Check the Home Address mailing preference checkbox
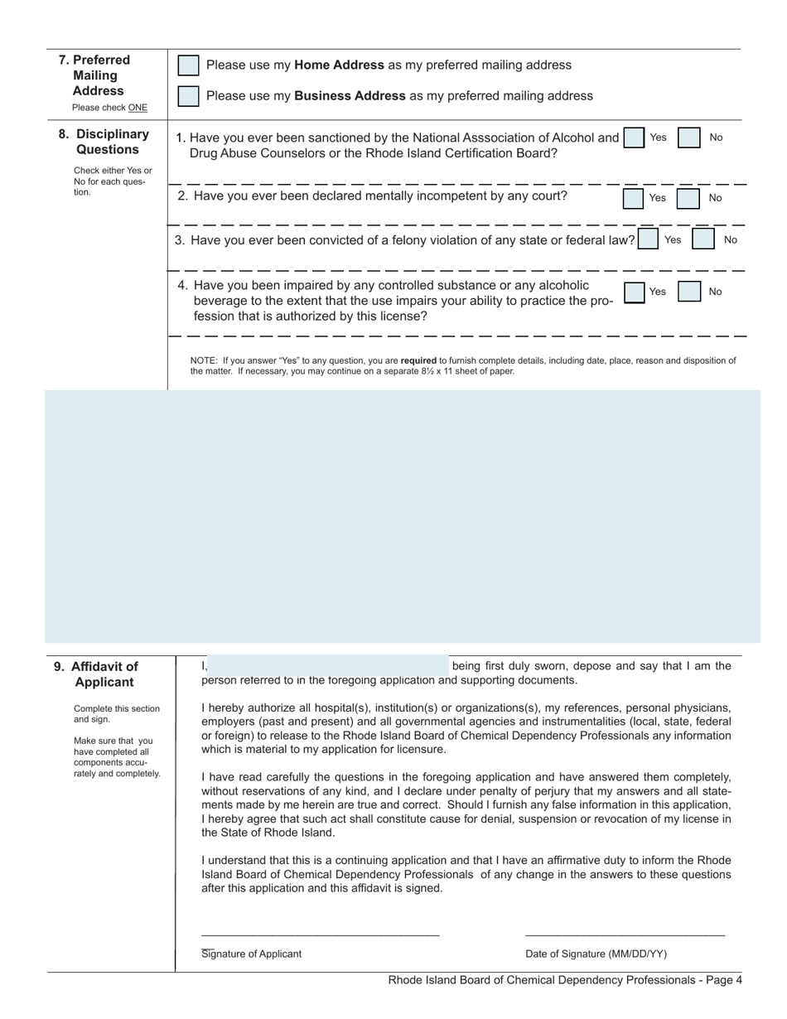point(189,65)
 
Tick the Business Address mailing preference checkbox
point(189,96)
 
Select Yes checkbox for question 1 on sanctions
point(634,138)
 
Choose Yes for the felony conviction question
point(649,239)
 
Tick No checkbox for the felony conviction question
point(703,239)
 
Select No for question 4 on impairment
point(689,292)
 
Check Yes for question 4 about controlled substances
point(634,292)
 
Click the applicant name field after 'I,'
point(327,665)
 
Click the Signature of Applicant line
point(320,934)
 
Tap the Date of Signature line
point(625,934)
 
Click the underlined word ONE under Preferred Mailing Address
point(138,108)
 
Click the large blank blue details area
point(403,518)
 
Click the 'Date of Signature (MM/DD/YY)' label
point(596,954)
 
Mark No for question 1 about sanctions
point(689,138)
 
